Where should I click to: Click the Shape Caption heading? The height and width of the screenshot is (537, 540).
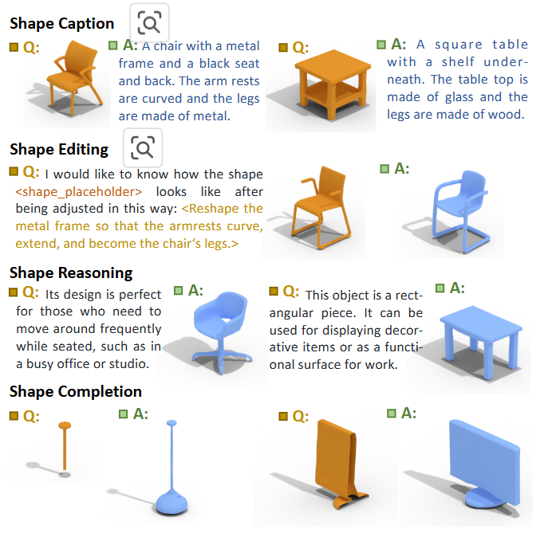click(x=62, y=24)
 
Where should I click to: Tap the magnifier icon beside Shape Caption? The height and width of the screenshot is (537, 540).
click(x=149, y=22)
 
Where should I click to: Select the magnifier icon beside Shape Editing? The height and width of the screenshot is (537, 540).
click(x=143, y=148)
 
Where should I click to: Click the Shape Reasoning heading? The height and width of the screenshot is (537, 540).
click(x=71, y=273)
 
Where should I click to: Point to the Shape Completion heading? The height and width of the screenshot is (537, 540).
click(x=76, y=391)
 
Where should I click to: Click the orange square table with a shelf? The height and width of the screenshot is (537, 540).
click(x=333, y=84)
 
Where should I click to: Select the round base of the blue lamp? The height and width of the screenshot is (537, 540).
click(x=171, y=504)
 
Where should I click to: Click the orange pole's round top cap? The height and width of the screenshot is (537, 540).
click(x=65, y=425)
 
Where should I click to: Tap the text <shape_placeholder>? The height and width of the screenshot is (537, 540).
click(x=78, y=191)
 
